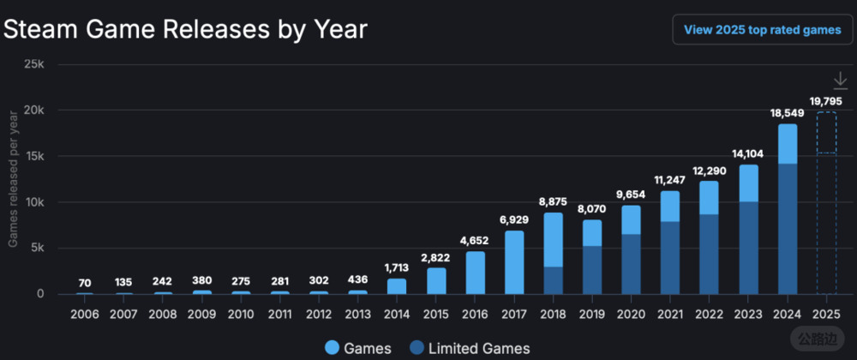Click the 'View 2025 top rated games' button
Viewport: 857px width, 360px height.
click(761, 30)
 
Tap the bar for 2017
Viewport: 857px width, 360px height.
click(513, 262)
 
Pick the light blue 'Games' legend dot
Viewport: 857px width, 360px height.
click(333, 348)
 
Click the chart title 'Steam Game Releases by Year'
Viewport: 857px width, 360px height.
click(186, 30)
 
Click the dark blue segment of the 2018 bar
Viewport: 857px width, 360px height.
click(553, 280)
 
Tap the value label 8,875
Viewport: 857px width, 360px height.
click(553, 201)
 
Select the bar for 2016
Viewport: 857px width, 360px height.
click(475, 273)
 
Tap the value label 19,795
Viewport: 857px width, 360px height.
click(826, 101)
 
